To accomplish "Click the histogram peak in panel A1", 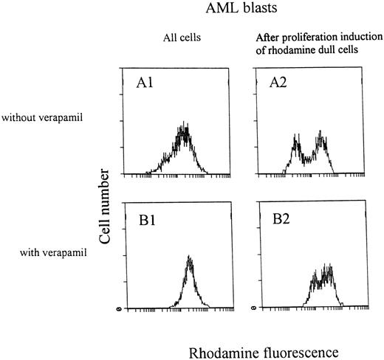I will [185, 130].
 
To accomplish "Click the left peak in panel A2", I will [298, 139].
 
